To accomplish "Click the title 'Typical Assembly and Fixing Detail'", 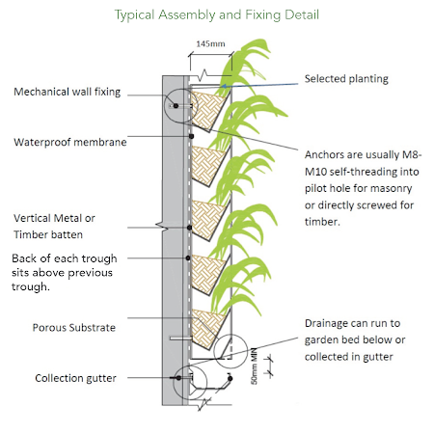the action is coord(217,15).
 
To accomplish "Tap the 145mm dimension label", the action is coord(210,43).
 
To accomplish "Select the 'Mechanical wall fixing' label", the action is coord(68,92).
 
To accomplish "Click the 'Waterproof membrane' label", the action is coord(70,142).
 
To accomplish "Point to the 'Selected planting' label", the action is coord(346,79).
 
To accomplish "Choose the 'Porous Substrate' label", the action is coord(74,328).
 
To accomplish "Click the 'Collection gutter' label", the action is coord(75,378).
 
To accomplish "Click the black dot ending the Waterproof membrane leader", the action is coord(191,136).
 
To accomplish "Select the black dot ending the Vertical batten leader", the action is coord(190,228).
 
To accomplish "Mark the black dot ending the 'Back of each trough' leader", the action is coord(188,258).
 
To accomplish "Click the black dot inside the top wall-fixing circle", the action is coord(176,105).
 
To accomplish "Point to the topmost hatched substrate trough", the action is coord(207,108).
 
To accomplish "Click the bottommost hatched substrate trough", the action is coord(207,326).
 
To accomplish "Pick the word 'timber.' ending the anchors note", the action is coord(322,222).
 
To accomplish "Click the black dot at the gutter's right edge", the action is coord(230,379).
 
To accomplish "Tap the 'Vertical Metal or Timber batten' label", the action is coord(54,227).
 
